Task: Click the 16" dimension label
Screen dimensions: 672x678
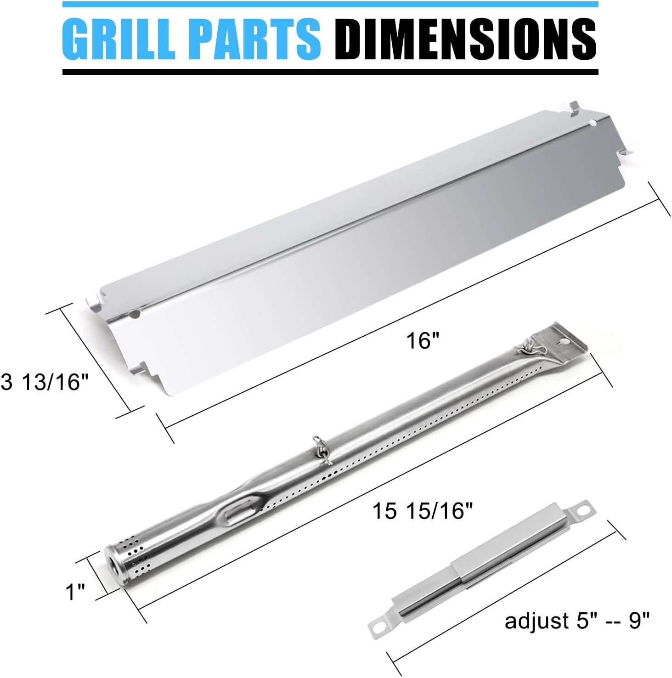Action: pyautogui.click(x=423, y=341)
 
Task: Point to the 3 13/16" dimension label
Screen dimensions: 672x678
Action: pyautogui.click(x=45, y=382)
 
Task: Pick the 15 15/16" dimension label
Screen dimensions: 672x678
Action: pyautogui.click(x=422, y=511)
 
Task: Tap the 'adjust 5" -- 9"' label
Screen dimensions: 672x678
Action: pyautogui.click(x=577, y=621)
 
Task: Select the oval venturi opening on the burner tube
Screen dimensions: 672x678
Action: pyautogui.click(x=239, y=508)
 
